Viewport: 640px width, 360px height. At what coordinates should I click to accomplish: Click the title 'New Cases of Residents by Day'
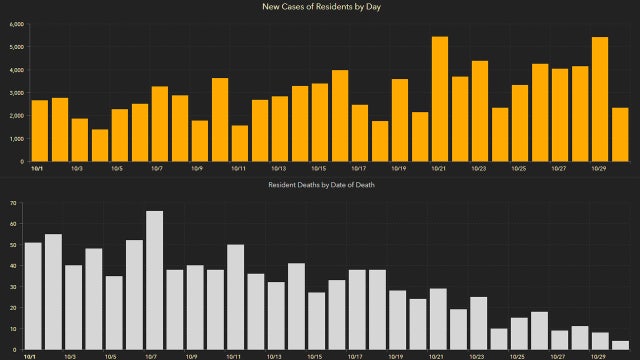[x=320, y=7]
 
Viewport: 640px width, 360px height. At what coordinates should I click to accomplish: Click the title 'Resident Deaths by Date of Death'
[x=320, y=186]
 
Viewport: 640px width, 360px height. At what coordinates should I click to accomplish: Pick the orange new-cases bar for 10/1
[x=40, y=131]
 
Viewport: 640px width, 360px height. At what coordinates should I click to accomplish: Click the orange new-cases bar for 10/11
[x=240, y=143]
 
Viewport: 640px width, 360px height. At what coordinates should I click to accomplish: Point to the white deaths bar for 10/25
[x=518, y=334]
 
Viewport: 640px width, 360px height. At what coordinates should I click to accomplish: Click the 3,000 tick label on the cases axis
[x=17, y=93]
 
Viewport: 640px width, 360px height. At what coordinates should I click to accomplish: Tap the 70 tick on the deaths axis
[x=14, y=202]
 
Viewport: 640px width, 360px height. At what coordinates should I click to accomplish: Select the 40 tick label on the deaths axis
[x=14, y=265]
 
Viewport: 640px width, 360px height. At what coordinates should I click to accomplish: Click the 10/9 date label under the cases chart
[x=196, y=168]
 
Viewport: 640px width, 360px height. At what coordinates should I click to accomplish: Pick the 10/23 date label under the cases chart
[x=479, y=168]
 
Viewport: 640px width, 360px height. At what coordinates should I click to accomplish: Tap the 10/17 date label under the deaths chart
[x=357, y=356]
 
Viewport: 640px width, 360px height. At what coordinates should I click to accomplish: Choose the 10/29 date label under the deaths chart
[x=600, y=356]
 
